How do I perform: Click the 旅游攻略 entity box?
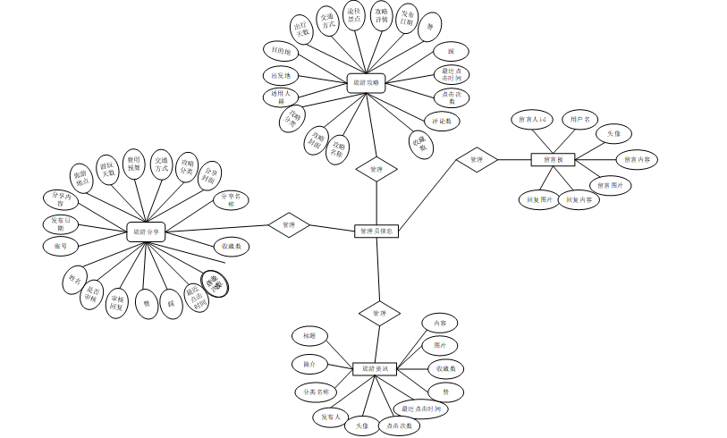366,83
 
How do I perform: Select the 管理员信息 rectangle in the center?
376,232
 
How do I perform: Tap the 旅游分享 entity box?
147,232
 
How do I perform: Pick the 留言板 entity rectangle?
553,160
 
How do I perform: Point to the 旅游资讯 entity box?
375,369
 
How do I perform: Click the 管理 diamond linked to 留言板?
477,160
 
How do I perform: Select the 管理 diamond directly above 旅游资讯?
379,314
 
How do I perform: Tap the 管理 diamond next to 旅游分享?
288,225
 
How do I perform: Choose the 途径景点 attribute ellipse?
354,15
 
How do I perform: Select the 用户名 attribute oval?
581,119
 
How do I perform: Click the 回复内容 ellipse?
581,200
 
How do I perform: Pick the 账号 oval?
61,246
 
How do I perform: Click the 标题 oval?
309,335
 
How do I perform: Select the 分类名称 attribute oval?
315,392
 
